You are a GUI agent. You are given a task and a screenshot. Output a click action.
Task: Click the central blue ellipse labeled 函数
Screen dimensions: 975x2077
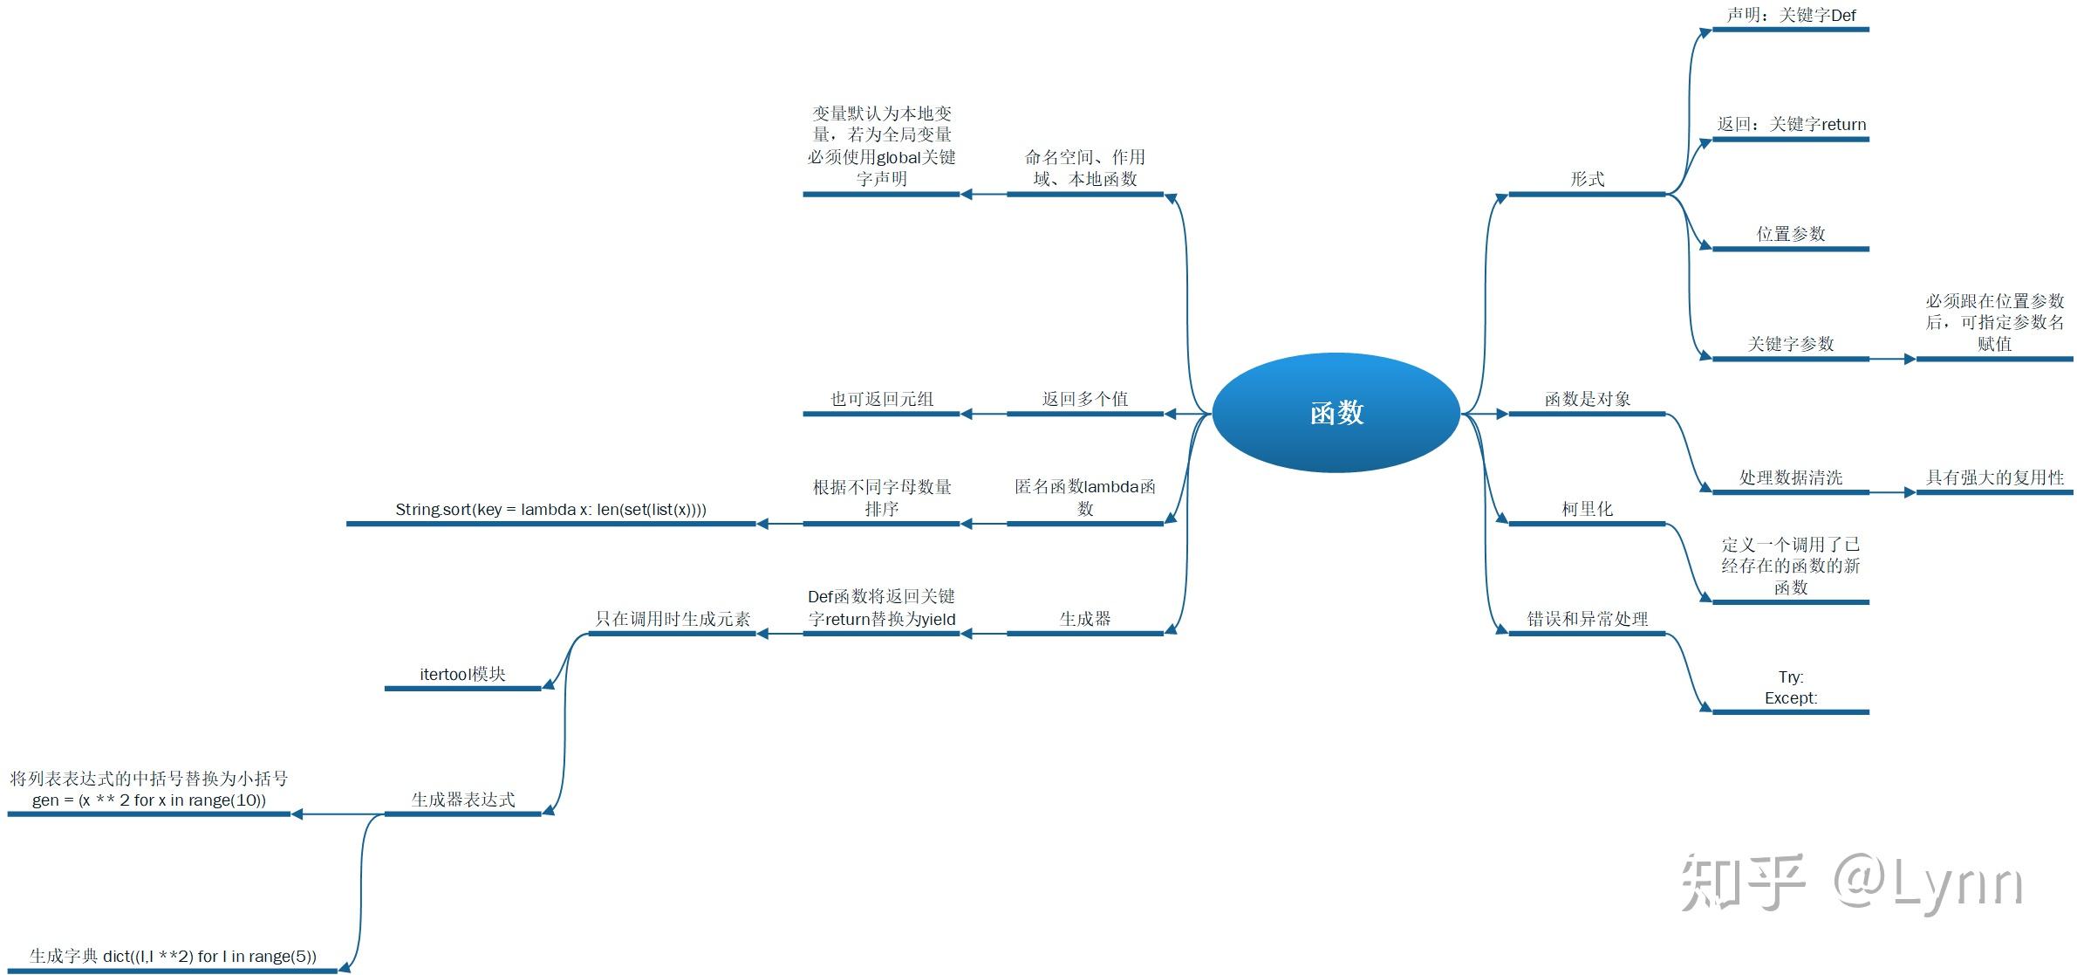[x=1336, y=413]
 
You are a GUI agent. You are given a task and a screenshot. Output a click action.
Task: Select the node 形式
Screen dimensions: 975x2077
[x=1587, y=179]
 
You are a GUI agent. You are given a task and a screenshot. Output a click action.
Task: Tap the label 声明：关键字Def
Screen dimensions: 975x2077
[x=1791, y=16]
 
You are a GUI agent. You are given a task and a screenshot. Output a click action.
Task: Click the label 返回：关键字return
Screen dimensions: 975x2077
[x=1791, y=125]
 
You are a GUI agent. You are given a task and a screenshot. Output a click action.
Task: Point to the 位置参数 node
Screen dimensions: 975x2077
[x=1790, y=234]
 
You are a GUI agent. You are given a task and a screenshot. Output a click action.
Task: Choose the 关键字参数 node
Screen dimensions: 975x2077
[x=1790, y=344]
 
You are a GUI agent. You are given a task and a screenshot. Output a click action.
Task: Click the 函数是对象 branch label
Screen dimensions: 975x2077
[x=1587, y=399]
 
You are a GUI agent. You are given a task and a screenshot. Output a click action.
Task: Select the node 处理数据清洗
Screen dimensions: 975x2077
[x=1790, y=477]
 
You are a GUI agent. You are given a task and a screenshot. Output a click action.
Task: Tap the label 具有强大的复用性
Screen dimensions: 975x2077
[x=1994, y=477]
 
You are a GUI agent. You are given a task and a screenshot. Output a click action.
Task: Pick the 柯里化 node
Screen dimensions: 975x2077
[x=1587, y=509]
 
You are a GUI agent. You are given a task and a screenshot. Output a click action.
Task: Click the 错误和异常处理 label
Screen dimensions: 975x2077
[x=1587, y=619]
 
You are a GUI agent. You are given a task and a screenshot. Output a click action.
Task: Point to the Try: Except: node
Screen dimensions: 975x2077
[x=1790, y=687]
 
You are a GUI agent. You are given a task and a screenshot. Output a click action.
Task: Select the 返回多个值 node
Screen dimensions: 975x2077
[x=1084, y=399]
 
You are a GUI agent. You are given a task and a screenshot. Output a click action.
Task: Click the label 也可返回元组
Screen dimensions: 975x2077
[x=881, y=399]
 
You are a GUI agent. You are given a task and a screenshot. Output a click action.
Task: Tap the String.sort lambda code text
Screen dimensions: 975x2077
[x=550, y=509]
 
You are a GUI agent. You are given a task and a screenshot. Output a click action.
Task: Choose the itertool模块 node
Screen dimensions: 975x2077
[x=462, y=674]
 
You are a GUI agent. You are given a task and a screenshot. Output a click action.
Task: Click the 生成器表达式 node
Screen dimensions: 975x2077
[x=462, y=800]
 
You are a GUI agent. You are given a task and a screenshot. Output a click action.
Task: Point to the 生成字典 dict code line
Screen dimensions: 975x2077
[x=173, y=956]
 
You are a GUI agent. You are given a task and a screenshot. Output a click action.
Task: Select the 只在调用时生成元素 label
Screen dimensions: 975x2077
[x=672, y=619]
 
